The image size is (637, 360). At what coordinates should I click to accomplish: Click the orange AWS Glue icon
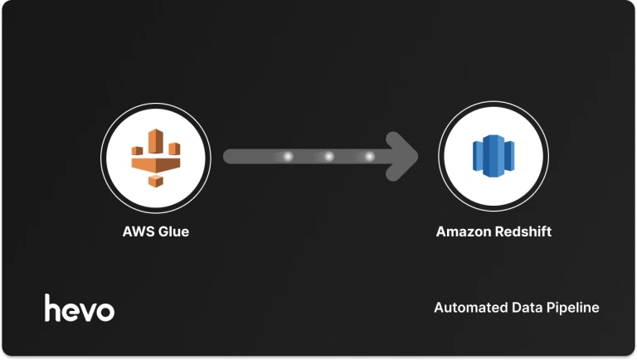point(155,157)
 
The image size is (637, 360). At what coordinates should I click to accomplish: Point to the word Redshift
point(523,231)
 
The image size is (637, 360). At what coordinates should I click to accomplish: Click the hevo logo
point(80,308)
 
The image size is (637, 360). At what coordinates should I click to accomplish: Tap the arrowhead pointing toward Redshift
point(404,156)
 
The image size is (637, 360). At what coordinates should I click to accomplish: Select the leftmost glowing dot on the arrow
point(289,156)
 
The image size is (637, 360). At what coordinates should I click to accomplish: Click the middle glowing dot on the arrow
point(328,156)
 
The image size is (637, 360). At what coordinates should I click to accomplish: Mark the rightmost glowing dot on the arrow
point(369,156)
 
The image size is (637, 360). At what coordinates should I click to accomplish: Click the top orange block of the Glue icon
point(155,138)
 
